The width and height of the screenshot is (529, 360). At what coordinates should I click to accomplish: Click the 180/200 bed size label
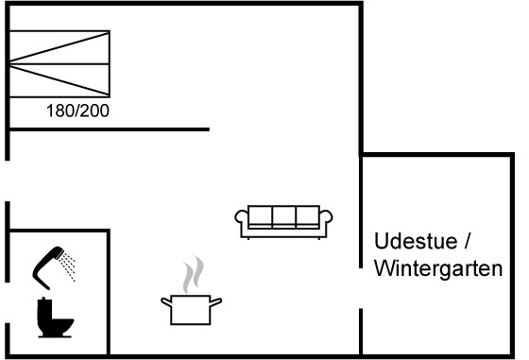pyautogui.click(x=77, y=111)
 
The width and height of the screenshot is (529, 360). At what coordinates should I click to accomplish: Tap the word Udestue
pyautogui.click(x=416, y=241)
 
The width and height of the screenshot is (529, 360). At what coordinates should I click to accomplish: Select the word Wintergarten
pyautogui.click(x=438, y=268)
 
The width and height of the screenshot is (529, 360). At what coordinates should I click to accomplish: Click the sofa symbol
pyautogui.click(x=283, y=222)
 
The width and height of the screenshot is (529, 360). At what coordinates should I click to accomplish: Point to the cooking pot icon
pyautogui.click(x=191, y=309)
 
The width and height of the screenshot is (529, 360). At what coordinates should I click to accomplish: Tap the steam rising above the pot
pyautogui.click(x=194, y=275)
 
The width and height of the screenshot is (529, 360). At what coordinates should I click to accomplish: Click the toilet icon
pyautogui.click(x=55, y=317)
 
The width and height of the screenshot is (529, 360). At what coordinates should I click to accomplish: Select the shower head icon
pyautogui.click(x=47, y=266)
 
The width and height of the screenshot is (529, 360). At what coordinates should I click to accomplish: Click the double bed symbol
pyautogui.click(x=60, y=63)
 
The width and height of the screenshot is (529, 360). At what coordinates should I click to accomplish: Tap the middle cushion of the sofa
pyautogui.click(x=283, y=216)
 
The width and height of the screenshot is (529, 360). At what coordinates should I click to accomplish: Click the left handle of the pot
pyautogui.click(x=166, y=301)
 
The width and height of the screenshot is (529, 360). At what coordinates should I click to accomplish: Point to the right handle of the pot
pyautogui.click(x=216, y=301)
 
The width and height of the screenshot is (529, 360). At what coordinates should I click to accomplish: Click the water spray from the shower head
pyautogui.click(x=68, y=266)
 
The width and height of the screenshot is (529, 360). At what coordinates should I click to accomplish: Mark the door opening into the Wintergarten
pyautogui.click(x=361, y=288)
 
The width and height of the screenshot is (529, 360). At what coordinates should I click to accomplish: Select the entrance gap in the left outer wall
pyautogui.click(x=8, y=180)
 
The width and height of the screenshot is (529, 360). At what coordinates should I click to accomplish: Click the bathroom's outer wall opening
pyautogui.click(x=8, y=302)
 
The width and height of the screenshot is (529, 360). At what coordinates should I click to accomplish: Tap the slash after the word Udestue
pyautogui.click(x=467, y=241)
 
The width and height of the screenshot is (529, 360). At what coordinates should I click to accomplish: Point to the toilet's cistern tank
pyautogui.click(x=43, y=309)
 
